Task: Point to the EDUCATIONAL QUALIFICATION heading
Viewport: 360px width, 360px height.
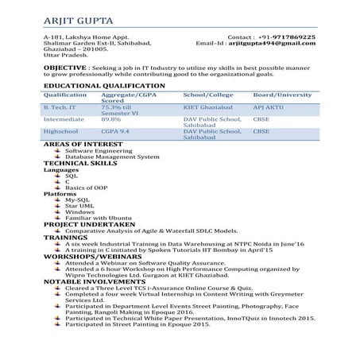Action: [104, 85]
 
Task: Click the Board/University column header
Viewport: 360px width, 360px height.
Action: [282, 95]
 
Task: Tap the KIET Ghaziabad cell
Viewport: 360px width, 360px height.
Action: [206, 106]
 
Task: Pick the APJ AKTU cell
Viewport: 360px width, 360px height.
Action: [267, 106]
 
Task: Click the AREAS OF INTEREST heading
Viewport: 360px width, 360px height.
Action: [81, 143]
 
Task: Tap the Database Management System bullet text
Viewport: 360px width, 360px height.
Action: [112, 157]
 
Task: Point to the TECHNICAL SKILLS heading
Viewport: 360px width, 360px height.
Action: [80, 163]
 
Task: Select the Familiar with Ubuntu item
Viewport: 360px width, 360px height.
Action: [98, 219]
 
